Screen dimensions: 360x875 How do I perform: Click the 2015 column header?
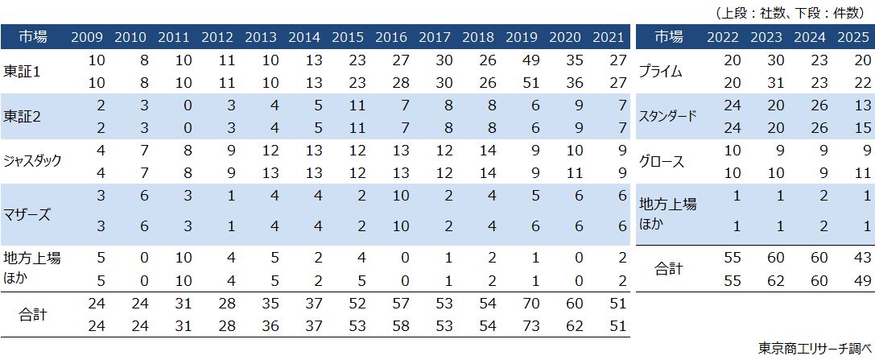pyautogui.click(x=347, y=37)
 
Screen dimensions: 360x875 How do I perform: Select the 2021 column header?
pyautogui.click(x=608, y=37)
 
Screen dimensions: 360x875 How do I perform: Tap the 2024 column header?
pyautogui.click(x=807, y=37)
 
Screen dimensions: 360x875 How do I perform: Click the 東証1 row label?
pyautogui.click(x=22, y=72)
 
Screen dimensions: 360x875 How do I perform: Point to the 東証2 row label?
pyautogui.click(x=22, y=117)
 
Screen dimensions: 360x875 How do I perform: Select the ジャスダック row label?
pyautogui.click(x=32, y=161)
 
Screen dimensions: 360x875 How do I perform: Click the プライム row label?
pyautogui.click(x=660, y=72)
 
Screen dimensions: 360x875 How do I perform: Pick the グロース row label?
pyautogui.click(x=661, y=161)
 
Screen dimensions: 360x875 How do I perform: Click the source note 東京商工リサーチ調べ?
pyautogui.click(x=815, y=348)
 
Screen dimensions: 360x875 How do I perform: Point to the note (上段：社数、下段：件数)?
pyautogui.click(x=792, y=12)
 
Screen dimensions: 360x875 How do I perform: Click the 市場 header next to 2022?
pyautogui.click(x=668, y=37)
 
